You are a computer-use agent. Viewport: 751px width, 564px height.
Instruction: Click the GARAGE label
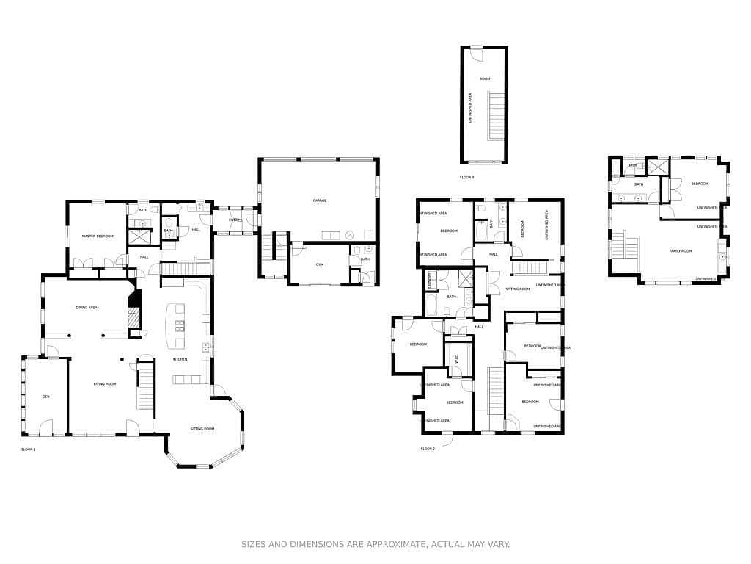tap(319, 200)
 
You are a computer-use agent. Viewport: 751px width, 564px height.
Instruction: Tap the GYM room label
tap(319, 264)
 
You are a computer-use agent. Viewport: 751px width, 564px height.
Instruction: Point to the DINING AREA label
tap(87, 308)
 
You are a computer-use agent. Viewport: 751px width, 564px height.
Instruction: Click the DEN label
tap(45, 397)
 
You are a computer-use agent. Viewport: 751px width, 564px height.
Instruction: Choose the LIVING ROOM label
tap(105, 383)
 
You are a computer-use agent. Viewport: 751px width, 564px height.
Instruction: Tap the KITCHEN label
tap(180, 359)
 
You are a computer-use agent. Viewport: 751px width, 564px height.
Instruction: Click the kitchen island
tap(177, 327)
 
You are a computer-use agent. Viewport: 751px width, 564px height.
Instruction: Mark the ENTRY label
tap(235, 220)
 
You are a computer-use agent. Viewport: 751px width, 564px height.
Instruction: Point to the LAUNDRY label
tap(431, 282)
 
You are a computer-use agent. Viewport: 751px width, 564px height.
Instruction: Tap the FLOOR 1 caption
tap(29, 448)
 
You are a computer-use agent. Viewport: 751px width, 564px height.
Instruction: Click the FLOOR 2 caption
tap(428, 448)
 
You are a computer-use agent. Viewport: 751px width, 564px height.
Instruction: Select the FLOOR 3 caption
tap(466, 178)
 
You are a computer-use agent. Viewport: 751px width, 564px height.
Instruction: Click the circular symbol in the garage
tap(349, 235)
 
